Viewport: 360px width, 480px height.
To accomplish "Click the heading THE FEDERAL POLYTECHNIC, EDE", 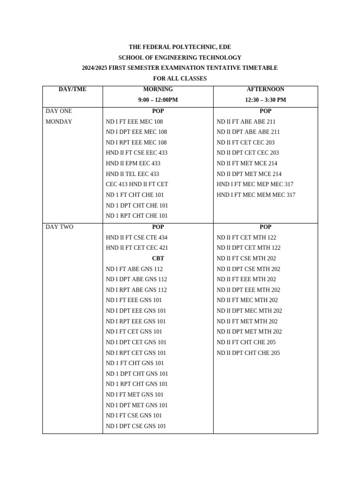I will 180,47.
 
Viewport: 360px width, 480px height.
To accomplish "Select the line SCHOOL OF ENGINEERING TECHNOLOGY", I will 180,58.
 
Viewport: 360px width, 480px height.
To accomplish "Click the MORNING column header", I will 158,89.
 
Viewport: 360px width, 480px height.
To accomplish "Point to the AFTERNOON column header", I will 265,89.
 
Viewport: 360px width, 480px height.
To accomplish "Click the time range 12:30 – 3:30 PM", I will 265,100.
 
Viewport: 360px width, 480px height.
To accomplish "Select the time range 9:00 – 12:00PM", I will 158,100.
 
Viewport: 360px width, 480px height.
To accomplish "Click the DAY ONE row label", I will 59,111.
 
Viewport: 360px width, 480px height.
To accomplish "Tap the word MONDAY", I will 59,121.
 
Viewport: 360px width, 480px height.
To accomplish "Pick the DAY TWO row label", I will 60,227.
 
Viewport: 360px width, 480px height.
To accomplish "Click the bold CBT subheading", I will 158,258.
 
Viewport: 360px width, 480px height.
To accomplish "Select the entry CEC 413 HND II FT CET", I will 137,184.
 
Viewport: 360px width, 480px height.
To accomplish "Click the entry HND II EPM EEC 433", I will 133,163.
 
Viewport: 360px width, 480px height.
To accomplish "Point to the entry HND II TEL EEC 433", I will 133,174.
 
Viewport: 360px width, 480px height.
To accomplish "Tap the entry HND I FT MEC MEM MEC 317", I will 256,195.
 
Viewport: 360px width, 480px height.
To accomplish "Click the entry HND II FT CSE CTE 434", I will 137,238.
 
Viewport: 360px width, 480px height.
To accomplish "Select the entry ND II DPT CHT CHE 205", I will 248,353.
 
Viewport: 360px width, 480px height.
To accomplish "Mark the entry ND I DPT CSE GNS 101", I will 136,426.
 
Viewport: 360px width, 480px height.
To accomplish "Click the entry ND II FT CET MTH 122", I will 246,238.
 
